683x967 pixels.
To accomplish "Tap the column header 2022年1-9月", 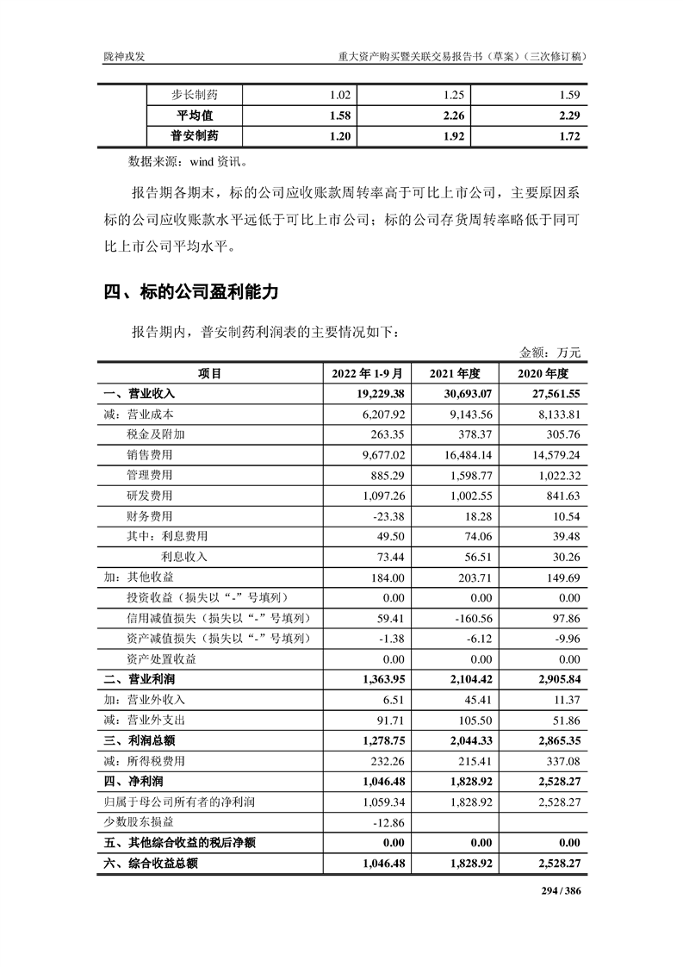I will (x=367, y=373).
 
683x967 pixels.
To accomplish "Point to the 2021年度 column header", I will (x=461, y=373).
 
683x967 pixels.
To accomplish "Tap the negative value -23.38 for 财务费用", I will (x=388, y=517).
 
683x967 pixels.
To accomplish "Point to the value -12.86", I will (x=388, y=823).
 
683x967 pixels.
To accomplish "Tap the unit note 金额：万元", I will (x=550, y=352).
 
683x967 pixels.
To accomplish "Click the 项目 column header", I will (x=209, y=373).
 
